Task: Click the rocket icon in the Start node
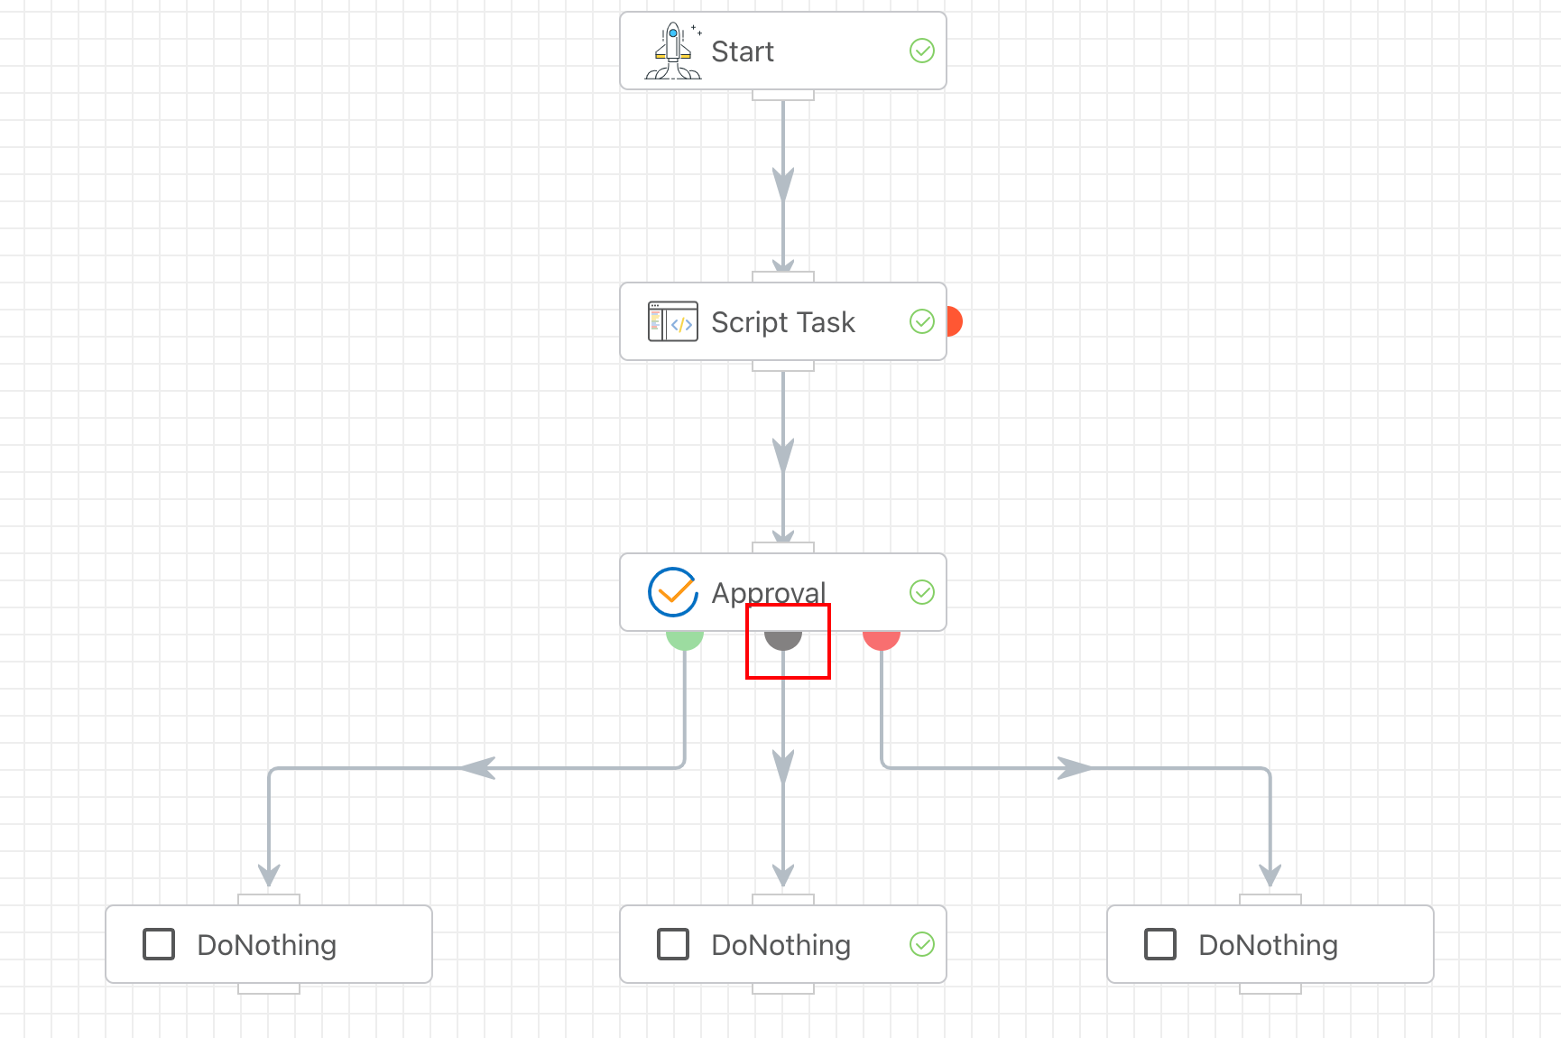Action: tap(673, 51)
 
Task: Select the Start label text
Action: tap(742, 51)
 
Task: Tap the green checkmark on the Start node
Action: tap(921, 51)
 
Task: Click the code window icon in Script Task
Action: tap(672, 321)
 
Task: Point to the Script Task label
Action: tap(782, 322)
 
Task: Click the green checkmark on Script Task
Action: tap(921, 321)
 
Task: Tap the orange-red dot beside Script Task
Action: tap(954, 321)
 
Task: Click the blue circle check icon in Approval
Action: tap(673, 592)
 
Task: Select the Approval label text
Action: tap(768, 592)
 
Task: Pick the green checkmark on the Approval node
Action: tap(921, 592)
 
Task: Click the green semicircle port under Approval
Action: tap(685, 639)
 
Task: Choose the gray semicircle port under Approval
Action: tap(783, 639)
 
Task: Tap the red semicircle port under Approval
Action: tap(882, 639)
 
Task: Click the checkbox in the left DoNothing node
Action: tap(159, 944)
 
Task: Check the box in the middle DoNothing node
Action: tap(673, 944)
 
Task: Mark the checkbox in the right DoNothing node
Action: tap(1160, 944)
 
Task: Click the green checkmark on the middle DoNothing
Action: tap(921, 944)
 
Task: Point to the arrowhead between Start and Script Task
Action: tap(783, 184)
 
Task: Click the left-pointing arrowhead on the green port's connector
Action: tap(478, 768)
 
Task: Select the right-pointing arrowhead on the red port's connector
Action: tap(1075, 768)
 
